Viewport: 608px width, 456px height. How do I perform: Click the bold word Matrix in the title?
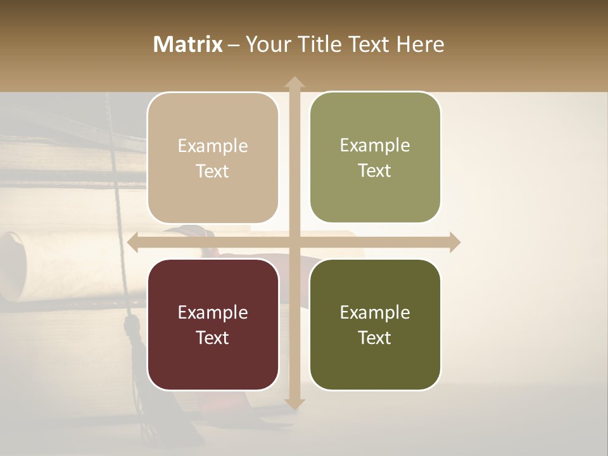point(188,44)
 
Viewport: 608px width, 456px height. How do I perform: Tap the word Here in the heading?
point(420,44)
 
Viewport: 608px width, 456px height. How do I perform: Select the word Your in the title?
point(267,44)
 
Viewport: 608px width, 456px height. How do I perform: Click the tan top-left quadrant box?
point(213,158)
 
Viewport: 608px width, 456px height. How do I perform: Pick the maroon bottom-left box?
point(213,324)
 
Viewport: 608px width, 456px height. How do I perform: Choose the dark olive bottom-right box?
point(375,324)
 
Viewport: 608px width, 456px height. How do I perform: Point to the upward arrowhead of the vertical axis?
point(294,83)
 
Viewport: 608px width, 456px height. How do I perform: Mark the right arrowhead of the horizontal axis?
point(454,243)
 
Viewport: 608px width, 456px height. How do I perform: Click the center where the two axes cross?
point(294,243)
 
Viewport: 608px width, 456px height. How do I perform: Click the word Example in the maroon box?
point(213,312)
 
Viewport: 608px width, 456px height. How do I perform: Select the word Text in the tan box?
point(213,171)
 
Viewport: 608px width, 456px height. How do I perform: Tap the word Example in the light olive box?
point(375,145)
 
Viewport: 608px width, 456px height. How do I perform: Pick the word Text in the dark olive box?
point(375,338)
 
